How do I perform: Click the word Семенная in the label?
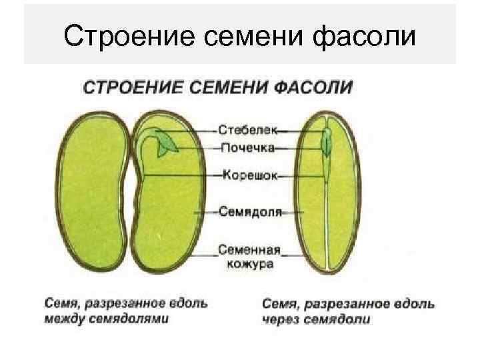251,251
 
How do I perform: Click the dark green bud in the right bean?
326,142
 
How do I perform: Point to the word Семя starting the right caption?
279,304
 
